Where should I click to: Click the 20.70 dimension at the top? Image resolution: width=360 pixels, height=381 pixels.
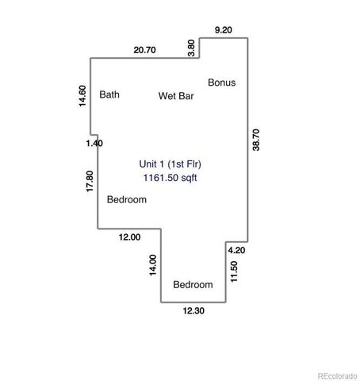coord(144,50)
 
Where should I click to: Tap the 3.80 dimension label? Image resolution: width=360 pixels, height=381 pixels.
coord(190,46)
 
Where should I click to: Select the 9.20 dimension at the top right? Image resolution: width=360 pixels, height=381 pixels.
coord(224,29)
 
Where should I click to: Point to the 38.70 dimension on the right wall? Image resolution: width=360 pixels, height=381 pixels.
coord(255,140)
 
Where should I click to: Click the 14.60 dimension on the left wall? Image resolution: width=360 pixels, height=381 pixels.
coord(82,96)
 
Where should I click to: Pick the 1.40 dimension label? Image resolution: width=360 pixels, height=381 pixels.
coord(94,143)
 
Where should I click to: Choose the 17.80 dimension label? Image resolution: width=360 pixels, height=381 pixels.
coord(90,182)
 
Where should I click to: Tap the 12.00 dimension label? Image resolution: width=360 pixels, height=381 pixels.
coord(129,237)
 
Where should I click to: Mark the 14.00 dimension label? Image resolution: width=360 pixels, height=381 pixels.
coord(153,265)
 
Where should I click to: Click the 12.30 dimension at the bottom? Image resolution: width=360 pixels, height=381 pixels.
coord(193,310)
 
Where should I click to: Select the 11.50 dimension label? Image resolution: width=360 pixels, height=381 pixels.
coord(234,270)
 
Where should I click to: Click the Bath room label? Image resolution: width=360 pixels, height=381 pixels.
coord(109,94)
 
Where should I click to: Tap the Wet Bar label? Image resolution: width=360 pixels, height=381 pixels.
coord(176,96)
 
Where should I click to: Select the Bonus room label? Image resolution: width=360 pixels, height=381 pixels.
coord(221,82)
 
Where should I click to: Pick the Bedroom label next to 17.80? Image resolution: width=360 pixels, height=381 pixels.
coord(127,200)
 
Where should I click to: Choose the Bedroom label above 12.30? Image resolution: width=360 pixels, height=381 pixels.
coord(193,285)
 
